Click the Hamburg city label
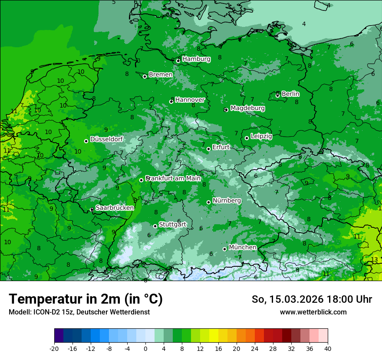tap(196, 59)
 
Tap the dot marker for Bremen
tap(145, 76)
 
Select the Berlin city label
tap(290, 94)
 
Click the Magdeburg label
tap(247, 108)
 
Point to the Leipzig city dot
tap(247, 138)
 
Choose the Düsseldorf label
tap(106, 139)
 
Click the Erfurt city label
tap(221, 147)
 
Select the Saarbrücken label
tap(115, 208)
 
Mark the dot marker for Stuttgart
tap(155, 226)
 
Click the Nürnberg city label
tap(227, 201)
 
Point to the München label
tap(243, 247)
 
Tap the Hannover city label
tap(190, 100)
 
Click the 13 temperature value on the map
tap(374, 260)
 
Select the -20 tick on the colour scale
tap(54, 348)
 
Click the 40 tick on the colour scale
tap(328, 348)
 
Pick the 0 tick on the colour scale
tap(145, 348)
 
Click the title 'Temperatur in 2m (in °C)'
tap(86, 299)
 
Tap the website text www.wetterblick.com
tap(313, 312)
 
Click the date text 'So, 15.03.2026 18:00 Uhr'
tap(312, 299)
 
